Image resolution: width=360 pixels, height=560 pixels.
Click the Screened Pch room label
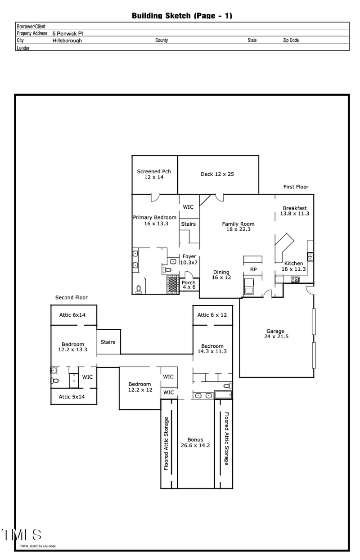tap(154, 175)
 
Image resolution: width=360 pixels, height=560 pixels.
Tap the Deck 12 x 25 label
tap(217, 174)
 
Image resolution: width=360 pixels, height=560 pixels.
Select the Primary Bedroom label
tap(154, 220)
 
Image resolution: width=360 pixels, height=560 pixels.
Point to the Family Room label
tap(238, 227)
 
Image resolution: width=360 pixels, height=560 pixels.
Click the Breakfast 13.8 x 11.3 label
tap(295, 211)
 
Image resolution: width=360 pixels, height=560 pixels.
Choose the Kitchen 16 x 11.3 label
tap(293, 266)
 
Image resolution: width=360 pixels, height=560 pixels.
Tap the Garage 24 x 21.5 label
tap(275, 334)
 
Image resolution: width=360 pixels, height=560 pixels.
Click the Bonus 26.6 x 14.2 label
tap(195, 443)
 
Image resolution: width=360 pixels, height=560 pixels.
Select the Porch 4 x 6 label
tap(189, 285)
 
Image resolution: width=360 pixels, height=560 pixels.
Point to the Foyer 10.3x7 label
tap(189, 259)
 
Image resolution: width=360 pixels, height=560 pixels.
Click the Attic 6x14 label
tap(72, 315)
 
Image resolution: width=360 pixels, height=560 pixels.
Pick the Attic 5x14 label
tap(72, 397)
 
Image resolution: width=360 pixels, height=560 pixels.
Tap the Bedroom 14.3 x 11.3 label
tap(212, 349)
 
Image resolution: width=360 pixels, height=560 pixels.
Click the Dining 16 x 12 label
tap(221, 275)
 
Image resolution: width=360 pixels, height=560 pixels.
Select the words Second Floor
tap(71, 297)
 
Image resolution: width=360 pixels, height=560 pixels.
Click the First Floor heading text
tap(296, 187)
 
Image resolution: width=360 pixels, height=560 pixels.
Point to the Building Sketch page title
tap(182, 16)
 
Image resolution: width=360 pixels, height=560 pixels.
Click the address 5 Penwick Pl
tap(67, 33)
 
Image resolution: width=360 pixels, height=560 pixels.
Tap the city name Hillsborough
tap(67, 40)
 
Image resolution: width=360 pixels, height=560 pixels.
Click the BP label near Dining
tap(253, 269)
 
